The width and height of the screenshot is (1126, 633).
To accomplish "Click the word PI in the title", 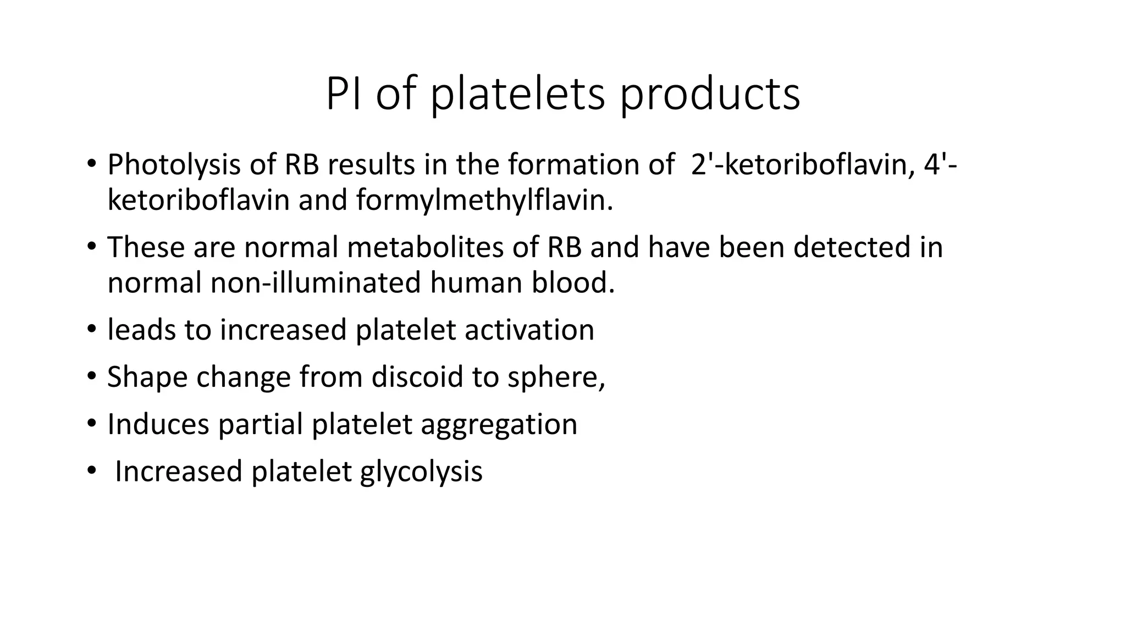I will [343, 95].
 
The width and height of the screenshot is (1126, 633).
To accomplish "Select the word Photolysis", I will [174, 164].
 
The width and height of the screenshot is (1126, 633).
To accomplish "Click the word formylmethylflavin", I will [484, 200].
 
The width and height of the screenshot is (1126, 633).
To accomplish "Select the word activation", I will [529, 330].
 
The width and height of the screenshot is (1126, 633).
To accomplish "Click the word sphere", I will [555, 377].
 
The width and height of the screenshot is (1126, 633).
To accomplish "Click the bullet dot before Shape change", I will [91, 377].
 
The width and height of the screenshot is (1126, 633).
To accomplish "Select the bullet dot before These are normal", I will [91, 247].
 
